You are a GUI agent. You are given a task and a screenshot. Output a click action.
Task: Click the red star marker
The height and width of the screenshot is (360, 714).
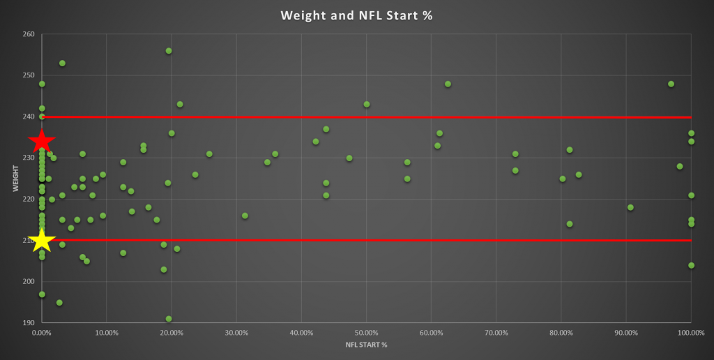(x=41, y=141)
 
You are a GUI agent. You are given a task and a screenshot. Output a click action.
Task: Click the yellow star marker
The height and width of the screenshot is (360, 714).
(x=41, y=241)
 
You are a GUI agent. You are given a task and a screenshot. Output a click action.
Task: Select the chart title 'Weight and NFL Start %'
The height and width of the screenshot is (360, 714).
(x=356, y=15)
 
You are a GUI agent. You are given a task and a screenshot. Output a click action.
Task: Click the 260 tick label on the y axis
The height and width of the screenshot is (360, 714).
(x=27, y=34)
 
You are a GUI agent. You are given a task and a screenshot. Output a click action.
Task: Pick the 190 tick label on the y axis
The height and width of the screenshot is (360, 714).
(x=27, y=323)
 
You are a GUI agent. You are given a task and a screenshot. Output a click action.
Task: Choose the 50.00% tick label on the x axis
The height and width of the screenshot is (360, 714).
(x=366, y=333)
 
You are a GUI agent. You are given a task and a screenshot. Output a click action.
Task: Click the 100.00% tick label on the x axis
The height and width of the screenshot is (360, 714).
(x=690, y=333)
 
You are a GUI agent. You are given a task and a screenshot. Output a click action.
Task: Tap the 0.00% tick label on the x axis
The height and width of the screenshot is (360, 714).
(x=41, y=333)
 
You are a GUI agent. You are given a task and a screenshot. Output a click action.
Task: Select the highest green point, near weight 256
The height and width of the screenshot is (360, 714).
(x=169, y=51)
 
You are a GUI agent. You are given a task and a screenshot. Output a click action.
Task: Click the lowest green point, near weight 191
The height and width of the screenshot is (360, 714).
(x=169, y=319)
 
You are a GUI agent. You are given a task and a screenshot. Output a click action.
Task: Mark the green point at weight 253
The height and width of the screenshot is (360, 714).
(x=62, y=63)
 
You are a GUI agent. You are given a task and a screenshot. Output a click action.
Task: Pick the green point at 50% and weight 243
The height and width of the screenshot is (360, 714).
(x=367, y=105)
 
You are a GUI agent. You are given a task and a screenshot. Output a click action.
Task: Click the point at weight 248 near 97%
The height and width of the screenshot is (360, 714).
(x=671, y=84)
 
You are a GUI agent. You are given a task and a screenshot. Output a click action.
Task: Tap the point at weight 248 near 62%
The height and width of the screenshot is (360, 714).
(x=448, y=84)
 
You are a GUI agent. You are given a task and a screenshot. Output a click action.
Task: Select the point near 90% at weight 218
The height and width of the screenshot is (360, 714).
(x=630, y=207)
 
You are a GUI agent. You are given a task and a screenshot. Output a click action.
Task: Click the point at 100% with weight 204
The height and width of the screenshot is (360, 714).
(x=691, y=265)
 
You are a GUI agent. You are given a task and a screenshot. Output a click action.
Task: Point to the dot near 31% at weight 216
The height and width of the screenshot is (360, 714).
(x=245, y=216)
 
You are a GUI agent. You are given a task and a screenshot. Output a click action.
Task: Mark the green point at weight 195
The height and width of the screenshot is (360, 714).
(x=59, y=303)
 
